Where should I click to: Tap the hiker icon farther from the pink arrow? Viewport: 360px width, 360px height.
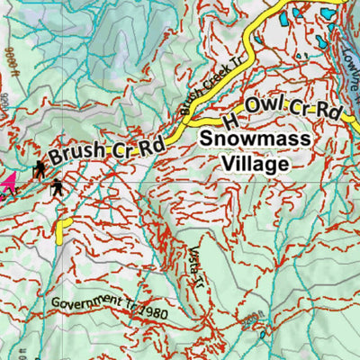click(x=58, y=186)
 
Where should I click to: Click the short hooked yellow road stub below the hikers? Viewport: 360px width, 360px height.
click(x=62, y=229)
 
